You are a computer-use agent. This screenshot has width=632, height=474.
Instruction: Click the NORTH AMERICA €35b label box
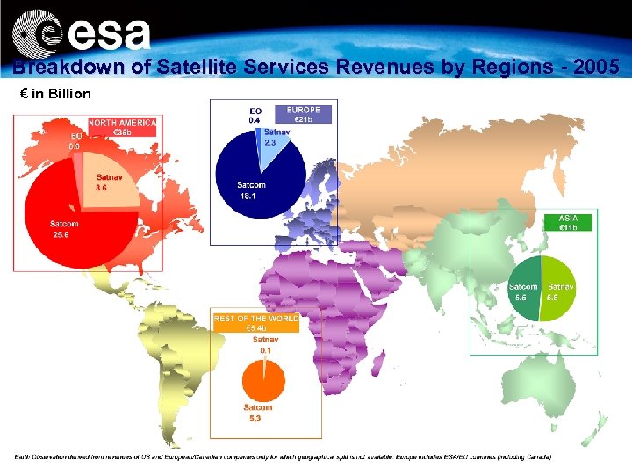pos(122,127)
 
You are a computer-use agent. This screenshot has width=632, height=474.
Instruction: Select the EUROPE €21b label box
pos(303,114)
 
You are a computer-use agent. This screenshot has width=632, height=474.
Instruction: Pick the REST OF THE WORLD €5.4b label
pos(256,322)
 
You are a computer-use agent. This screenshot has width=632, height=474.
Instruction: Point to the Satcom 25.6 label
pos(64,229)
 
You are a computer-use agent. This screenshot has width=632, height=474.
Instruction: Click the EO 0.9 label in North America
pos(76,141)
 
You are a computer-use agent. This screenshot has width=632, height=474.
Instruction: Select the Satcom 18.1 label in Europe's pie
pos(251,190)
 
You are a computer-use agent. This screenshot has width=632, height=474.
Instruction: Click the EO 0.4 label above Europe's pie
pos(255,115)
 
